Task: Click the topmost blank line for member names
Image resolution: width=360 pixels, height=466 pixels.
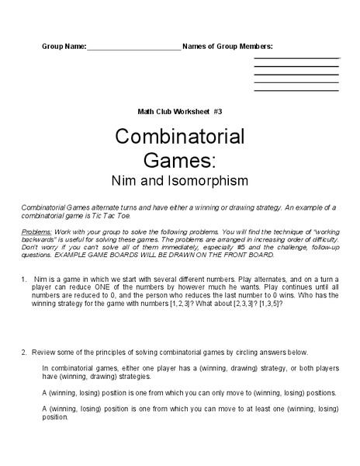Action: (x=296, y=57)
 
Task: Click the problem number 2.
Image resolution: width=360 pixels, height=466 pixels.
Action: (x=23, y=351)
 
